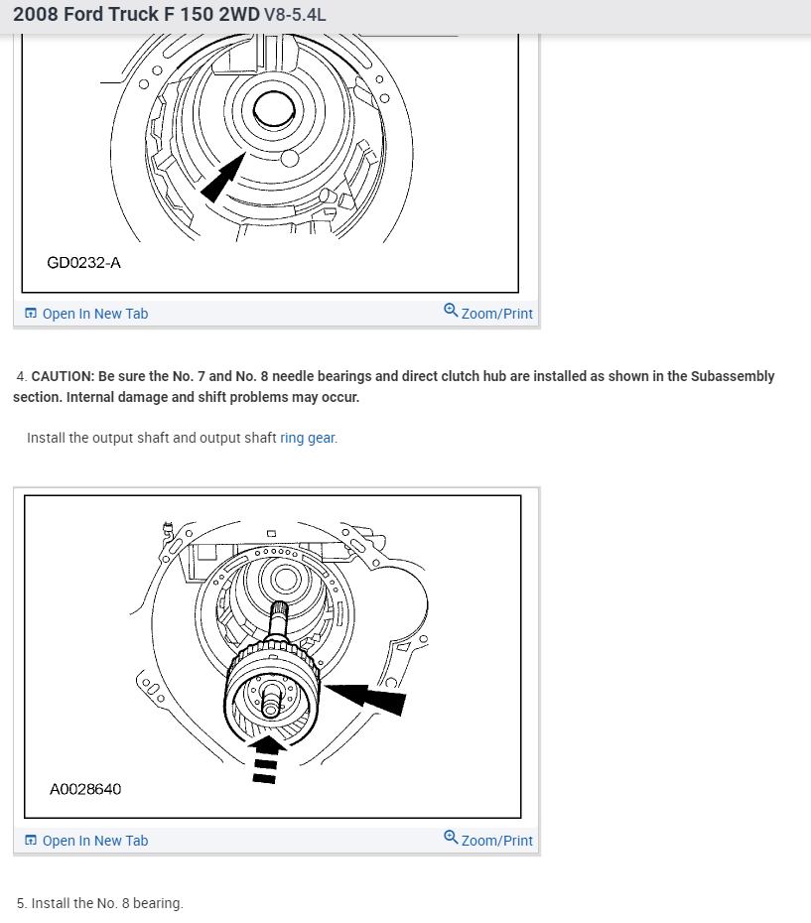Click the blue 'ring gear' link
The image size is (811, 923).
click(308, 438)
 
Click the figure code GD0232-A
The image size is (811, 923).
click(84, 262)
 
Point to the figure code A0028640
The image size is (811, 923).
click(85, 789)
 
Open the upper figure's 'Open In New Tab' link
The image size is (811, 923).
click(94, 314)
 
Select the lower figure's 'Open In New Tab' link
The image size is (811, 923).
click(94, 841)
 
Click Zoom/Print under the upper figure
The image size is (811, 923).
click(496, 314)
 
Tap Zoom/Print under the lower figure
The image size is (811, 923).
click(496, 841)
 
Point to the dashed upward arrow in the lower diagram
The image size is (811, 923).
click(265, 759)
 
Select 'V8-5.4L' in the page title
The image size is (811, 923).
click(295, 15)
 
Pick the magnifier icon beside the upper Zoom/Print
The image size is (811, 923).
click(451, 312)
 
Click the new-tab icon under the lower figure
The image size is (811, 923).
click(31, 841)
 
